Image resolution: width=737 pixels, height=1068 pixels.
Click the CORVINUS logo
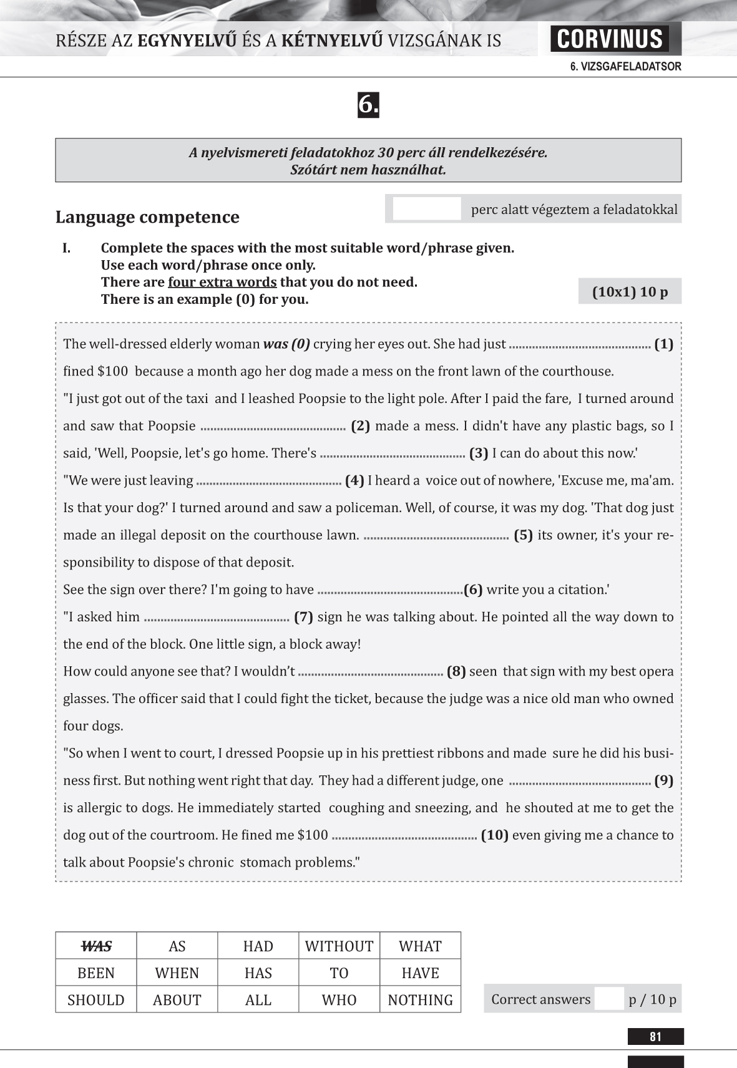click(x=609, y=39)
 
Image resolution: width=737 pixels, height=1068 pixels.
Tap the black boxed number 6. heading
click(x=368, y=105)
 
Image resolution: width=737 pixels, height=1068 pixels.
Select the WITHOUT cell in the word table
click(x=339, y=946)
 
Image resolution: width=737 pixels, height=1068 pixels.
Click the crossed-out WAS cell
click(x=96, y=946)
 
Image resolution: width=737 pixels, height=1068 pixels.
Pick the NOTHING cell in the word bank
click(x=420, y=999)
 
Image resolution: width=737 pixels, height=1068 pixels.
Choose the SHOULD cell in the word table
click(x=96, y=999)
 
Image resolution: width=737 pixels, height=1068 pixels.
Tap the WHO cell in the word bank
click(x=339, y=999)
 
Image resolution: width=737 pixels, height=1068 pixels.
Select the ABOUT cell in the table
click(x=177, y=999)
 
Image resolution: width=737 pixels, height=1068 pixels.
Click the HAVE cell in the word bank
click(x=420, y=973)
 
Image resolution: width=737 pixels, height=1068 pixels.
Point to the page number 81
click(x=655, y=1037)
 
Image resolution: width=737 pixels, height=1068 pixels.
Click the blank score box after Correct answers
click(x=609, y=999)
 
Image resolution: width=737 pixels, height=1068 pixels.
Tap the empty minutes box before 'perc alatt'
click(x=427, y=209)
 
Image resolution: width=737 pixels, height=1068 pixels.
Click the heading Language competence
click(x=147, y=217)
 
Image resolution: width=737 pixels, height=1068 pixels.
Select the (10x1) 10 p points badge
click(x=630, y=291)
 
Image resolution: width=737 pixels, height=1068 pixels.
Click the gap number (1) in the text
click(x=663, y=344)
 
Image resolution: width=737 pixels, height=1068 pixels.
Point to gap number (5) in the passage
click(x=523, y=535)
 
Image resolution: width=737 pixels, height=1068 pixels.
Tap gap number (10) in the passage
click(x=495, y=835)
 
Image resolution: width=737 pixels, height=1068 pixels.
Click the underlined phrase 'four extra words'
click(x=222, y=282)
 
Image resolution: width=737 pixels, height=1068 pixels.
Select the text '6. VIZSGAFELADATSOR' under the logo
click(x=625, y=67)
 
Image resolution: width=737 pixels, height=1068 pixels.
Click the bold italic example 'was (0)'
click(x=286, y=344)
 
